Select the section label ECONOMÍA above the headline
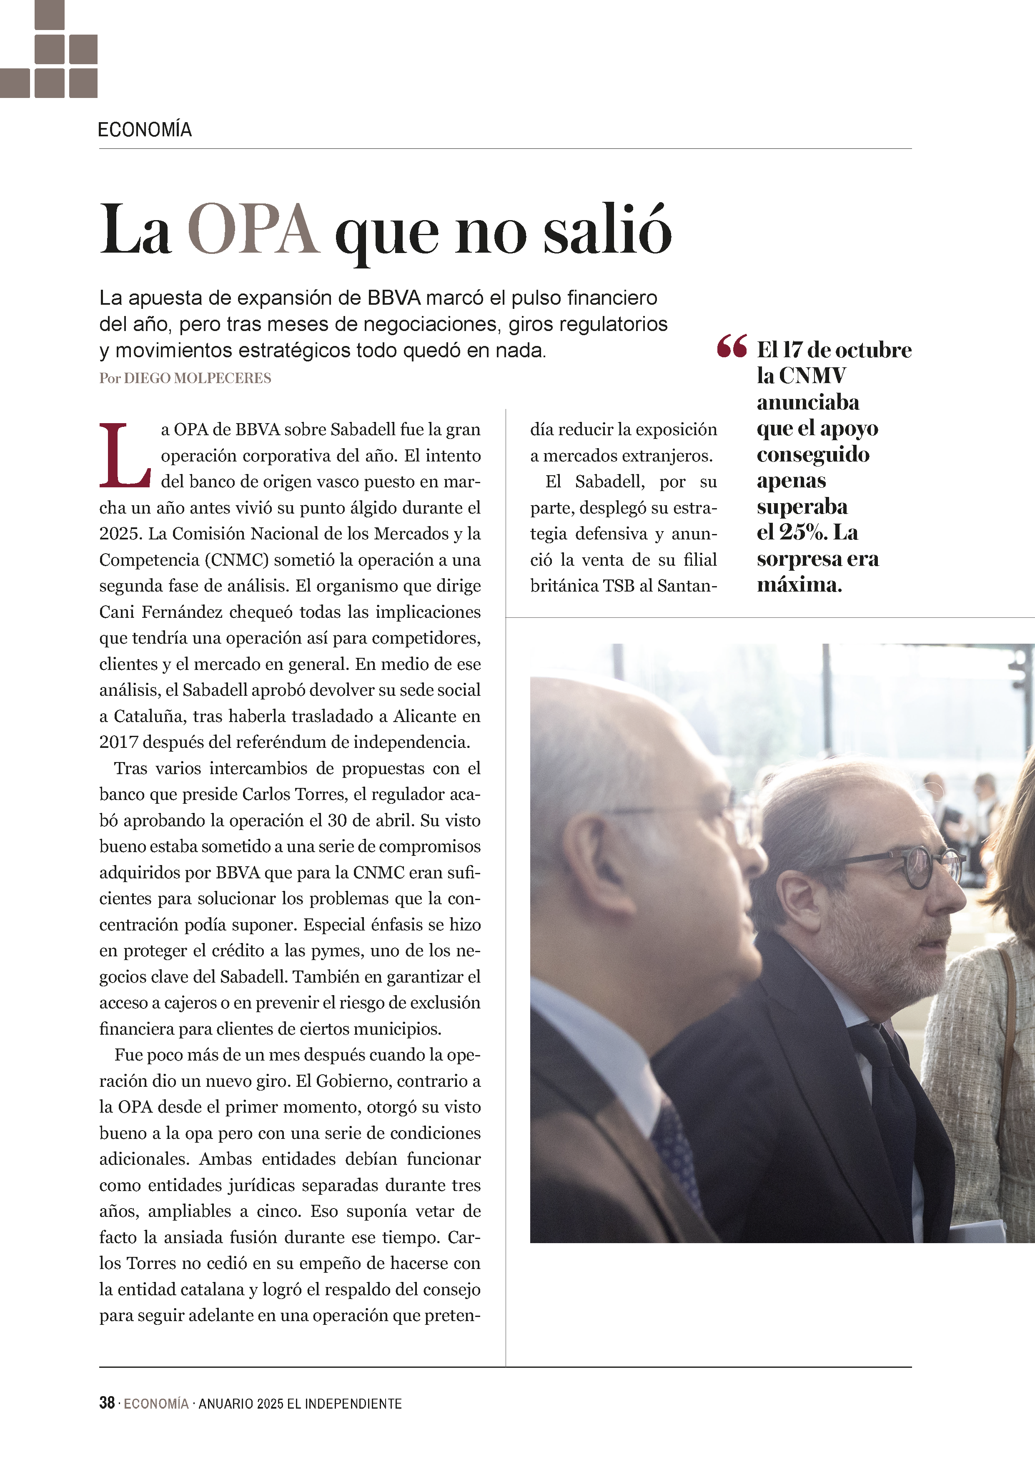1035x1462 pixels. [x=145, y=130]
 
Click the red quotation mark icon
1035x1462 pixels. [x=731, y=347]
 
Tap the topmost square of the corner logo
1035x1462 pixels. [x=49, y=15]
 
